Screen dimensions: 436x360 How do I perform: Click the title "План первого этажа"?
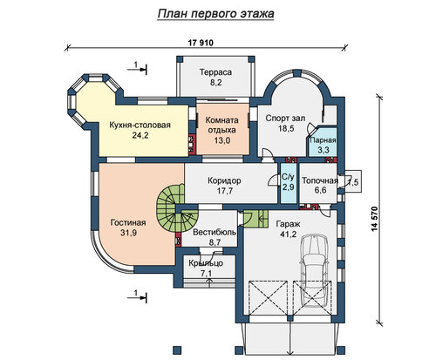point(215,14)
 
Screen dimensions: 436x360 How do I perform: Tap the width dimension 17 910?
point(201,43)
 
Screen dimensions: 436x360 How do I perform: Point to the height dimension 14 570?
point(374,219)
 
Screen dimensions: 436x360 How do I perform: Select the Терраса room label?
point(215,72)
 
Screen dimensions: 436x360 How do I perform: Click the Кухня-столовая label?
point(140,126)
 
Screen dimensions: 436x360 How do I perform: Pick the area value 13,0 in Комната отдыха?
point(222,140)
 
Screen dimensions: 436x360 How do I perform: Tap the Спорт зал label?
point(285,119)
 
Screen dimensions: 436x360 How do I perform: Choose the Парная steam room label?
point(323,140)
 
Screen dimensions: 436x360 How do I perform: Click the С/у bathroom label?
point(288,177)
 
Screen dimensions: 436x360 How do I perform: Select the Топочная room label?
point(320,180)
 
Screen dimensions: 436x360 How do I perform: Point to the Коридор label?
point(224,180)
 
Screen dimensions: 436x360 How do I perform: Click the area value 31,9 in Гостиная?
point(128,233)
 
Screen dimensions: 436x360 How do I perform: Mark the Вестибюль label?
point(215,233)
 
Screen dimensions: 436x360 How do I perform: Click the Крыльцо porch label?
point(206,263)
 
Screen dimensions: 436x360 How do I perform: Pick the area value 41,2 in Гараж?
point(288,234)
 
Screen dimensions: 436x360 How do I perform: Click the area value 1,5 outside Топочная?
point(353,182)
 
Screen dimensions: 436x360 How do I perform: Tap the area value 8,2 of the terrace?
point(216,83)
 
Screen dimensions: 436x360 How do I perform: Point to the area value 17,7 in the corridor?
point(225,191)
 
